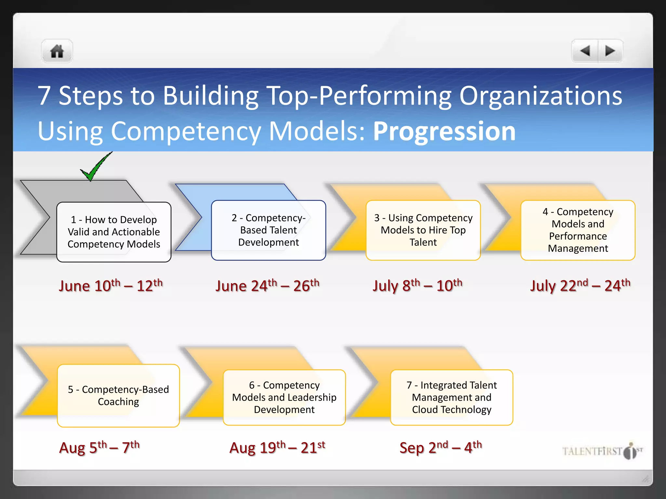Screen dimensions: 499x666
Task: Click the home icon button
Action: click(57, 51)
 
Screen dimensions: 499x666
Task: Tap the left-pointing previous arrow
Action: click(585, 51)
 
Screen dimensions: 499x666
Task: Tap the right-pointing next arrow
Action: click(610, 51)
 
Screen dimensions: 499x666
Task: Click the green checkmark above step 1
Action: click(96, 166)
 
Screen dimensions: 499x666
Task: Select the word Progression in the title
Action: click(444, 131)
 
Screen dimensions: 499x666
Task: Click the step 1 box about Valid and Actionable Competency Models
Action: click(114, 232)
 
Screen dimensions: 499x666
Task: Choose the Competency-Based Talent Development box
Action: click(269, 230)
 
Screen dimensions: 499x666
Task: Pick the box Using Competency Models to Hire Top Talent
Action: click(423, 230)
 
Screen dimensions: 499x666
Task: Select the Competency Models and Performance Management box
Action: click(578, 230)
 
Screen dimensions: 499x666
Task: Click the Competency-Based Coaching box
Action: click(118, 395)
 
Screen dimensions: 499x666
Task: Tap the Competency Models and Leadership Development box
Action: click(284, 397)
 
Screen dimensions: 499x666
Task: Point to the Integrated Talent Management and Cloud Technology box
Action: click(452, 397)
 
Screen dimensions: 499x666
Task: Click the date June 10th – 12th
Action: click(111, 286)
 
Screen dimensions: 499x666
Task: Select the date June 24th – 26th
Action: click(267, 286)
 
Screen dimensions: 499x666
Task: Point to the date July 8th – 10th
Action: click(418, 286)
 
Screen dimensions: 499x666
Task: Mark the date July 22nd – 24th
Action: click(580, 286)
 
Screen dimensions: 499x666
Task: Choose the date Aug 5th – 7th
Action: click(100, 447)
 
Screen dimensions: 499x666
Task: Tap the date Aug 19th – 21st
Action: click(277, 447)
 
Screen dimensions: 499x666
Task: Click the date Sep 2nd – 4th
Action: click(441, 447)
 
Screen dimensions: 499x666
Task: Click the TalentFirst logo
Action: click(602, 451)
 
